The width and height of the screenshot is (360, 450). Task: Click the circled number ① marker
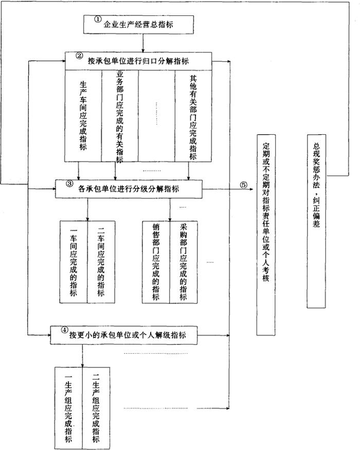[x=98, y=19]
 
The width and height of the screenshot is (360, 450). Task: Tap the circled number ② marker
[x=79, y=56]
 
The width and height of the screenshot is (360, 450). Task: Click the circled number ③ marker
[x=70, y=184]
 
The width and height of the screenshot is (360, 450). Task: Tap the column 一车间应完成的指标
[x=74, y=261]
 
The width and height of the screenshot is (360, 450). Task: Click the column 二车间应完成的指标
[x=101, y=261]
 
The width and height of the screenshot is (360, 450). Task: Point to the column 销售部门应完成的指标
[x=156, y=261]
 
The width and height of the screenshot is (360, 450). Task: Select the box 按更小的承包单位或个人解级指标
[x=123, y=335]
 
